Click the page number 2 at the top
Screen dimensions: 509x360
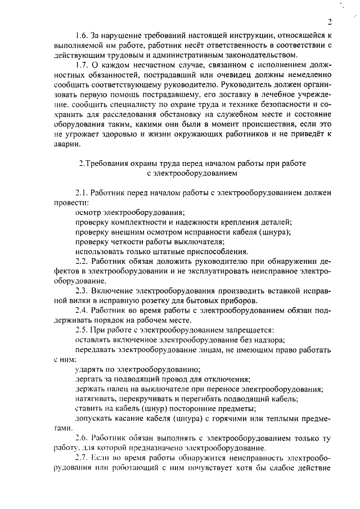tap(331, 22)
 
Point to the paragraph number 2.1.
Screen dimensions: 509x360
tap(82, 192)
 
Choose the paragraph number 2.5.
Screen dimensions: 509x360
tap(82, 330)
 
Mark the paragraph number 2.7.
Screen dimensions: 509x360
tap(82, 458)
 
